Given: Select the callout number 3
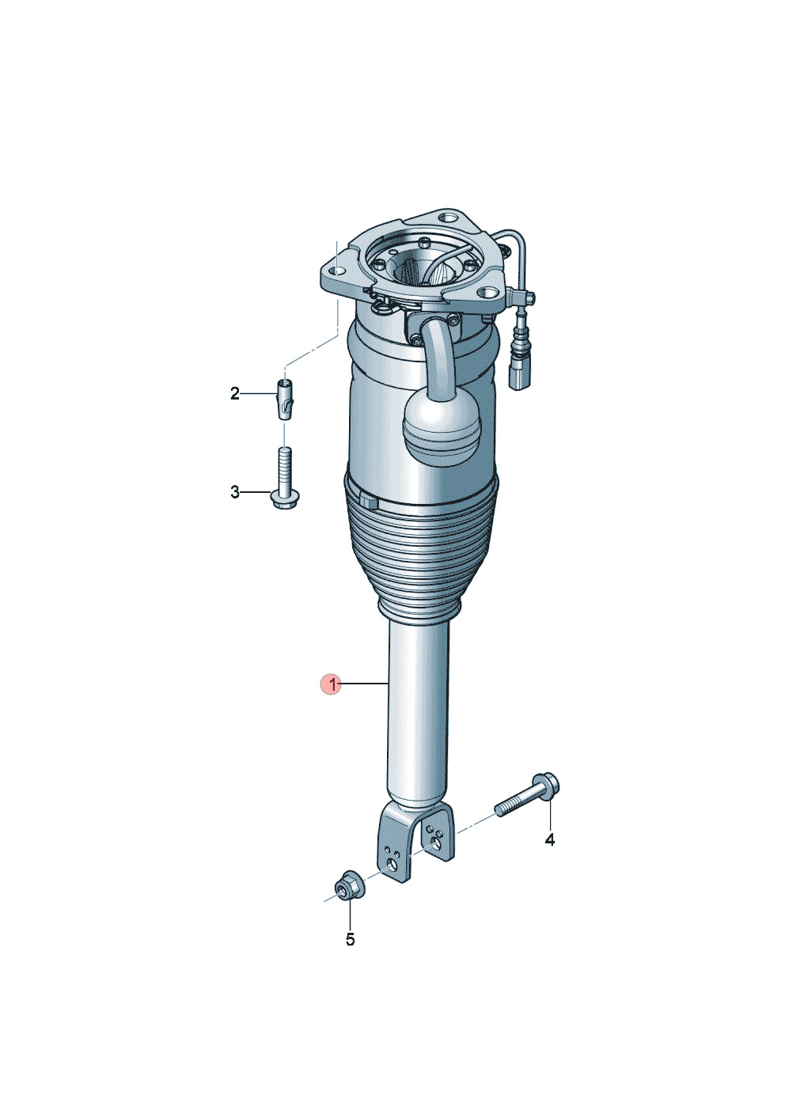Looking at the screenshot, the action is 235,492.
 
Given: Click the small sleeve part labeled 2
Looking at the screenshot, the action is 283,399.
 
